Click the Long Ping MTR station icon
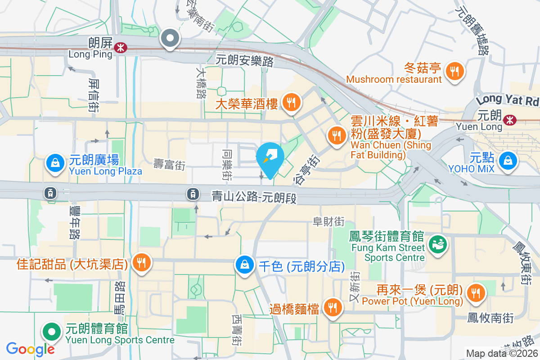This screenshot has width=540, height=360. click(x=120, y=47)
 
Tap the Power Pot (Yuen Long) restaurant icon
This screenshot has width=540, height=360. click(x=475, y=292)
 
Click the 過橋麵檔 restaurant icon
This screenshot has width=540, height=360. click(x=333, y=308)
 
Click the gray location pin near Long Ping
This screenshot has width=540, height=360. click(x=170, y=39)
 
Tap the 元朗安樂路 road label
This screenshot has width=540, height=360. click(x=245, y=60)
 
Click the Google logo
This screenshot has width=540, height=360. click(x=31, y=349)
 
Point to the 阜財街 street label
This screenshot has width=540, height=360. click(x=329, y=221)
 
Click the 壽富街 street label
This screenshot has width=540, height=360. click(x=169, y=165)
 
